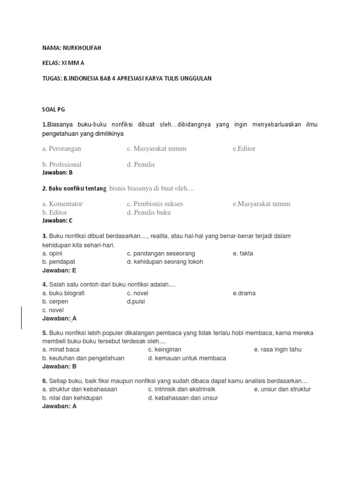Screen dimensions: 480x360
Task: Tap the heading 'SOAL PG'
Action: (x=53, y=109)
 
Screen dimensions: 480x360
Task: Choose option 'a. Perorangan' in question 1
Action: (x=61, y=149)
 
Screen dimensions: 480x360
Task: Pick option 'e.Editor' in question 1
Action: (x=244, y=149)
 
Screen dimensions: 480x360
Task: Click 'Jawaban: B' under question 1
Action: (x=57, y=172)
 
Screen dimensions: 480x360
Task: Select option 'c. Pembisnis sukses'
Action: (x=155, y=204)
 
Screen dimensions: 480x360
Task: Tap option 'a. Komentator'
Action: (x=62, y=204)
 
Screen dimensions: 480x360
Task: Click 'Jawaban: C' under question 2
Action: (x=57, y=220)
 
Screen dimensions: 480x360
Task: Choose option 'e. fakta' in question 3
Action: (x=243, y=254)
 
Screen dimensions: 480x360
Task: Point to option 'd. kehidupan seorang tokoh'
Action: (x=165, y=262)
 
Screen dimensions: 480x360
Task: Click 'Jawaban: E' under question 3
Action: (x=59, y=270)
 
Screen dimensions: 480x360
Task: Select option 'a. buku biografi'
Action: (x=63, y=293)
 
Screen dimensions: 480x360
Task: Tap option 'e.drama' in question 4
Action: (x=244, y=293)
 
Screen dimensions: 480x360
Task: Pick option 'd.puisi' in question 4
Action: (x=136, y=302)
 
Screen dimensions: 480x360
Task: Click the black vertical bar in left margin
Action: (x=21, y=318)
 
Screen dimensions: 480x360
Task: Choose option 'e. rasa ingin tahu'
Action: (x=277, y=350)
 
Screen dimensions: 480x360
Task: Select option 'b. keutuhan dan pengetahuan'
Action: (x=83, y=358)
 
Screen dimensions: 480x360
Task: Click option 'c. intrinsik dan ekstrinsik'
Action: (x=181, y=390)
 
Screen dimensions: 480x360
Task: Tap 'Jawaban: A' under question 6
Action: (x=59, y=406)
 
